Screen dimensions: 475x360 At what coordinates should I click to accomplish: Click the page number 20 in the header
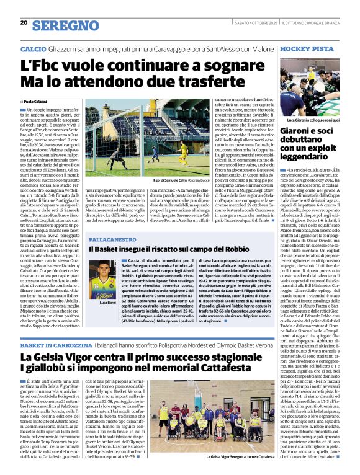coord(24,24)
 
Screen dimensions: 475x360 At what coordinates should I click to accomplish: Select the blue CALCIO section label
coord(33,48)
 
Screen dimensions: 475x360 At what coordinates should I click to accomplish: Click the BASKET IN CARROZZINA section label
coord(55,344)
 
